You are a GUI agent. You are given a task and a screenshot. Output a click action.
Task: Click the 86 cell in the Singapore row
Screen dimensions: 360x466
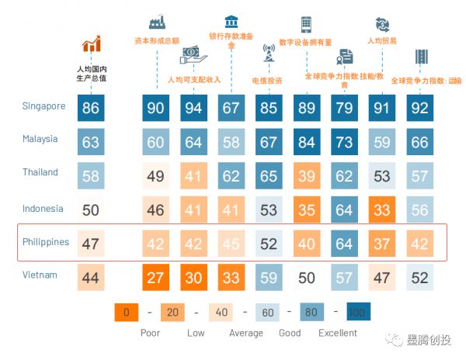click(91, 108)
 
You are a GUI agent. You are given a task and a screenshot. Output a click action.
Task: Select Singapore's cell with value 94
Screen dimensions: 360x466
click(193, 108)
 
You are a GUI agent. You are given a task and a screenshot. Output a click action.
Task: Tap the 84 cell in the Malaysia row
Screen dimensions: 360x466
click(306, 141)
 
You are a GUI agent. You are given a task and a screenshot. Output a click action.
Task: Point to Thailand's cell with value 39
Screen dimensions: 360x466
click(306, 175)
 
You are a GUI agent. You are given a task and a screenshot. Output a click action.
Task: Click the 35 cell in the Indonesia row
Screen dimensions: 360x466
click(306, 209)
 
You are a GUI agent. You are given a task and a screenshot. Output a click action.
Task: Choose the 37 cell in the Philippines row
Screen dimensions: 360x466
click(381, 244)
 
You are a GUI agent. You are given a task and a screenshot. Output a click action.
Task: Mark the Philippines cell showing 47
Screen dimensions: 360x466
click(91, 244)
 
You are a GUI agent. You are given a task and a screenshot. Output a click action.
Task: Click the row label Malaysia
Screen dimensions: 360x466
click(40, 140)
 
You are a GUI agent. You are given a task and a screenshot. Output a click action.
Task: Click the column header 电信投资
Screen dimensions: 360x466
click(268, 80)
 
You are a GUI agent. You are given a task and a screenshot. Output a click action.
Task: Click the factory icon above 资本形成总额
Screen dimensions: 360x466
click(157, 20)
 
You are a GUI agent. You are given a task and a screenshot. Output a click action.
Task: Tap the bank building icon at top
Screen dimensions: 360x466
click(231, 21)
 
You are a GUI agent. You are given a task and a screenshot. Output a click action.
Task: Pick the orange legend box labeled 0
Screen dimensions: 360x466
click(125, 312)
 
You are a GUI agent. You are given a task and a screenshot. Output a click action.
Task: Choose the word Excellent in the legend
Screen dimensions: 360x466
click(337, 333)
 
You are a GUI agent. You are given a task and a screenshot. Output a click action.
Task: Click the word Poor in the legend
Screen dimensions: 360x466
click(150, 333)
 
